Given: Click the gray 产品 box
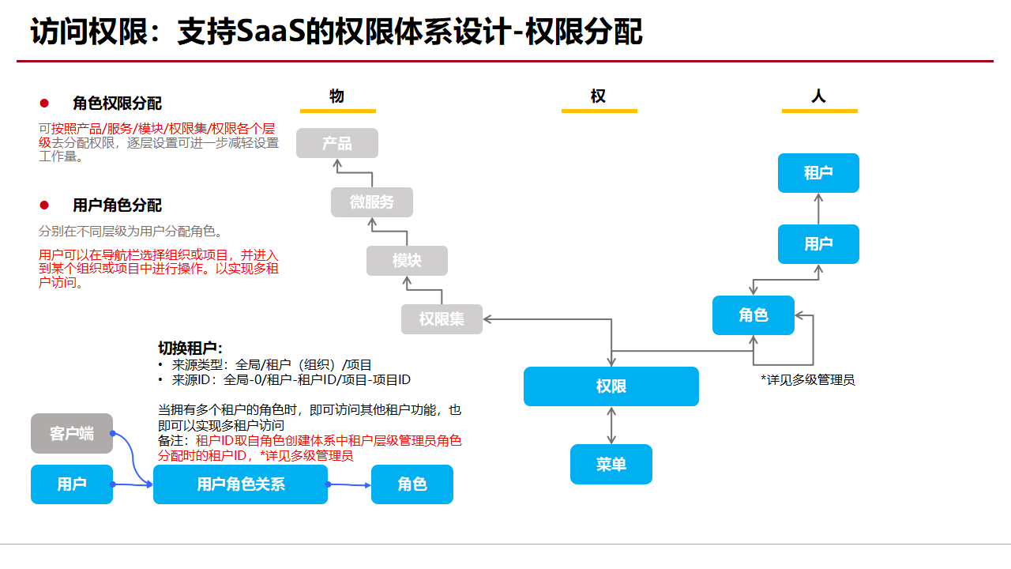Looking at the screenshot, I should point(337,143).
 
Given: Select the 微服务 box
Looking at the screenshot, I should point(372,202).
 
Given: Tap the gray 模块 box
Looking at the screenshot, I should point(407,261).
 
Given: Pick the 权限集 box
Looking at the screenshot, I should point(442,319).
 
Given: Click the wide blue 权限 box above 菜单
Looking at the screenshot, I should point(611,386).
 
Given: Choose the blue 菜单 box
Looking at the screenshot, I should point(611,464).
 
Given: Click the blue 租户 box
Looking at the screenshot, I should point(818,173).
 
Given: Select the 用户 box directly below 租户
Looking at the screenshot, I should point(818,244).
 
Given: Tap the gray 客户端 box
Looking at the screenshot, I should point(72,433).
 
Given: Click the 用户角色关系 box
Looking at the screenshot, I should point(240,484).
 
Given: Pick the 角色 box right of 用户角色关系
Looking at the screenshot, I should point(412,484).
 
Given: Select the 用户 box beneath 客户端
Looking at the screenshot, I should point(72,484).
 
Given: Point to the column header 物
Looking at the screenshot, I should point(337,96).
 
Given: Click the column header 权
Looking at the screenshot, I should point(598,96).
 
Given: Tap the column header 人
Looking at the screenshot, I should point(818,96).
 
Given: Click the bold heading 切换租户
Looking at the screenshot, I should point(190,349).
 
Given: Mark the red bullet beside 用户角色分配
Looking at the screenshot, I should point(44,205).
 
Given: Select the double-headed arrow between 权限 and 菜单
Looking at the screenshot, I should point(611,425).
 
